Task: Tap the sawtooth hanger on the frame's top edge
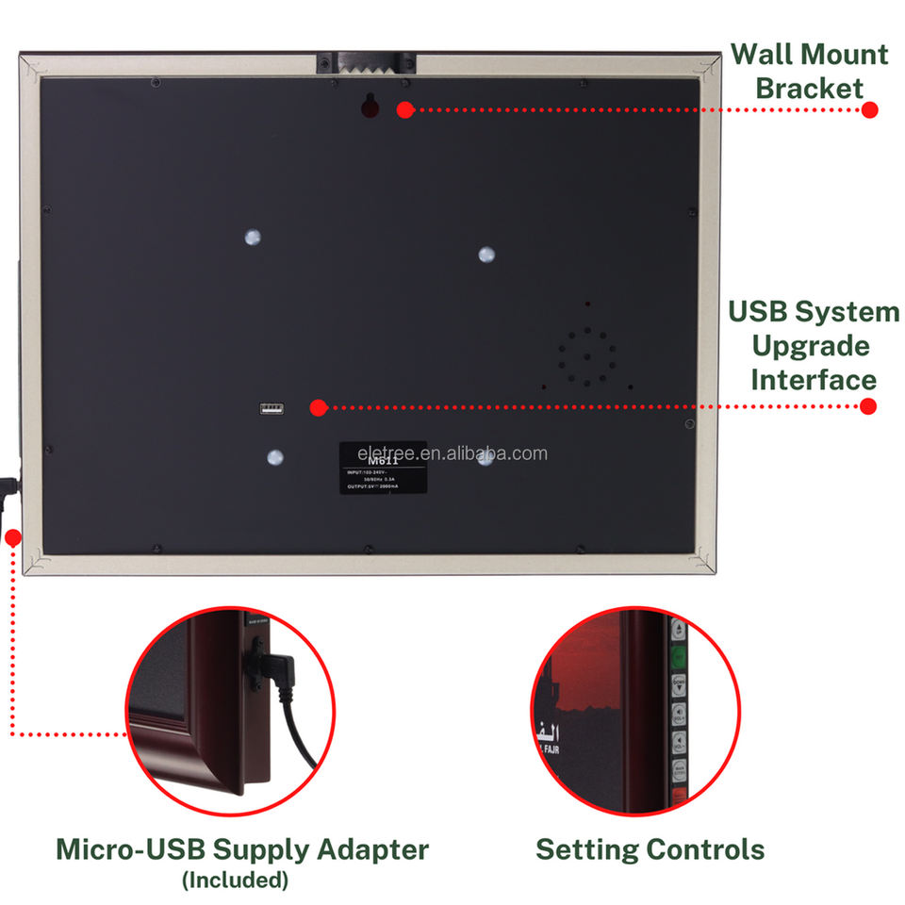tap(367, 63)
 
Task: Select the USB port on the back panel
tap(271, 409)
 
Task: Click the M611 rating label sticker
tap(383, 468)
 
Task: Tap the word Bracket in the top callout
tap(810, 89)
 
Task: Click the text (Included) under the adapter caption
tap(235, 880)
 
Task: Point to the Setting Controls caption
tap(650, 848)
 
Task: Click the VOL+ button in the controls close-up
tap(679, 714)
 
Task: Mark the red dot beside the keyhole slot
tap(404, 109)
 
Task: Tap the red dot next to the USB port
tap(318, 407)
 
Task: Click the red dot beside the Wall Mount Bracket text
tap(869, 109)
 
